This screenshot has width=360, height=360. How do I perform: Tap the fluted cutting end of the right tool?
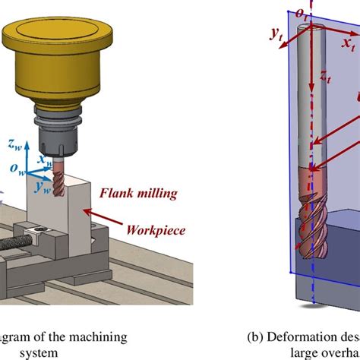311,220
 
